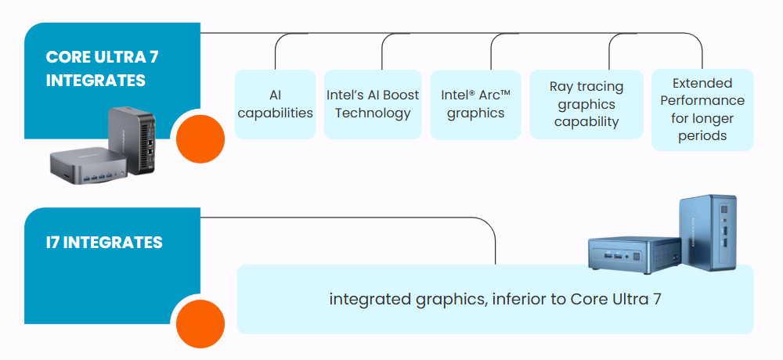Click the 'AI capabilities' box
[x=275, y=104]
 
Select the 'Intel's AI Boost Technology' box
[x=373, y=104]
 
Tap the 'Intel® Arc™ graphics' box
[x=475, y=104]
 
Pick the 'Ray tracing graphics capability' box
[x=586, y=104]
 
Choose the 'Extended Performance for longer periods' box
[x=702, y=109]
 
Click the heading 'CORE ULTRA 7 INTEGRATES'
[x=96, y=69]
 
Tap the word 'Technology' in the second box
[x=373, y=113]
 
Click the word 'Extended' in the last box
[x=702, y=83]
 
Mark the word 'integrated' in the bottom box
[x=366, y=300]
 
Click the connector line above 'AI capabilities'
[x=275, y=55]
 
